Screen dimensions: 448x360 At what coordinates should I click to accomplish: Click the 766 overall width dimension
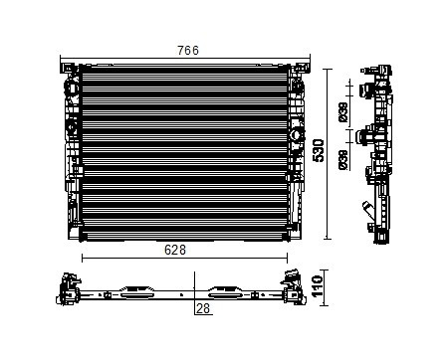point(188,50)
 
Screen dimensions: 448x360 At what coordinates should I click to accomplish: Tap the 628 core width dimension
point(175,250)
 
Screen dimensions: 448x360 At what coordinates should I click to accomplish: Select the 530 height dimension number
point(318,150)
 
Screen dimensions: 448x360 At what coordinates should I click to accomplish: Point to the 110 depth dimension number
point(318,286)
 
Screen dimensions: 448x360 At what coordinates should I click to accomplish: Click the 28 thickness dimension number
point(203,308)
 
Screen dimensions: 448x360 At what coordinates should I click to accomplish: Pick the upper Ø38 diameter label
point(343,112)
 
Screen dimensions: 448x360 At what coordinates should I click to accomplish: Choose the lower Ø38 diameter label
point(343,160)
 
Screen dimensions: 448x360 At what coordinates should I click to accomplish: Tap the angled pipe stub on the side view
point(367,209)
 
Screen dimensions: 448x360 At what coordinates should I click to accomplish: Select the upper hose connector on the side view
point(365,90)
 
